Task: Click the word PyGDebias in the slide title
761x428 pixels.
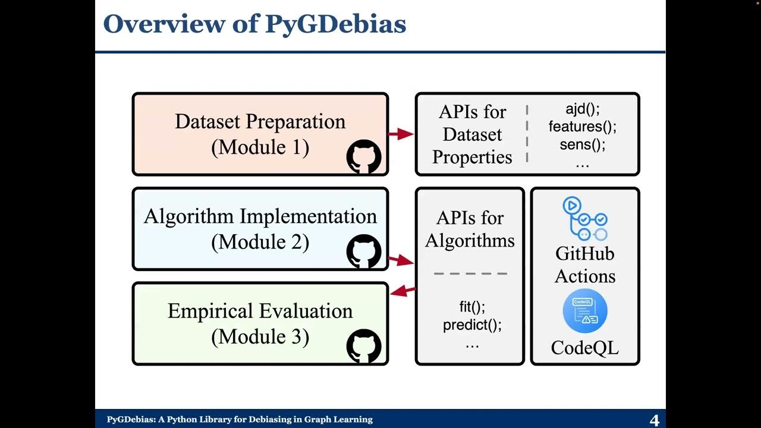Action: point(335,24)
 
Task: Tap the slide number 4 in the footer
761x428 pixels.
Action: point(655,420)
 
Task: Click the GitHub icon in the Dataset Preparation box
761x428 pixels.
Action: point(363,156)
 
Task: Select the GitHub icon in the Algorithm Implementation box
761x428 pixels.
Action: point(363,251)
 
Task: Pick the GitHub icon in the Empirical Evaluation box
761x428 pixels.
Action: point(363,346)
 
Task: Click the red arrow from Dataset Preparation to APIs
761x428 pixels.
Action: point(401,134)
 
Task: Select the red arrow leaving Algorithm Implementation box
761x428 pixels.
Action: point(401,260)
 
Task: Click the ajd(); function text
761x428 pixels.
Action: point(583,109)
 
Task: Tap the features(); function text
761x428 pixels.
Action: point(583,127)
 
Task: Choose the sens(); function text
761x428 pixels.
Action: point(583,144)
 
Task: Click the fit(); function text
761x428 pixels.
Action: point(472,307)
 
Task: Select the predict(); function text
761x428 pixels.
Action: point(472,325)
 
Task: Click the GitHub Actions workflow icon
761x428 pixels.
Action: point(584,219)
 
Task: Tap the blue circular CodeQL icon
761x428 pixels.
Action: point(584,311)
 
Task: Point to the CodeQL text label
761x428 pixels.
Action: point(584,348)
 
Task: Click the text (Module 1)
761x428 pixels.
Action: point(260,147)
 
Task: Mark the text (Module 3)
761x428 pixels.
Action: point(260,337)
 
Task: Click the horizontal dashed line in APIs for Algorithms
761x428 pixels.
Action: point(471,274)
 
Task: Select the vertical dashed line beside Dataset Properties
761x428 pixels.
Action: point(527,134)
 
